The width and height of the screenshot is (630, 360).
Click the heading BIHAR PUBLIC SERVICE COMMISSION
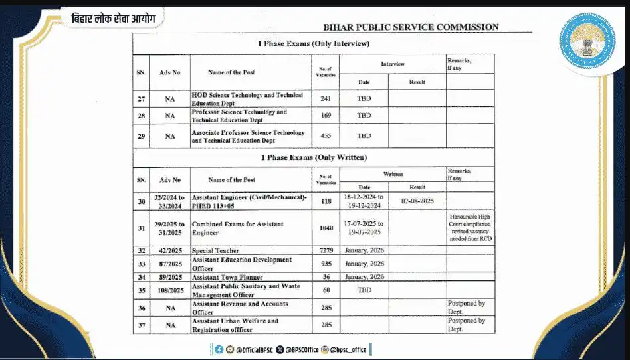[x=411, y=27]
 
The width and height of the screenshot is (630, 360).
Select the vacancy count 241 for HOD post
[x=326, y=98]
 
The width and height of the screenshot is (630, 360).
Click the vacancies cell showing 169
[x=326, y=116]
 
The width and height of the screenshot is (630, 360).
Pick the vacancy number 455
[x=326, y=136]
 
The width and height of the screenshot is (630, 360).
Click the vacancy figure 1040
[x=326, y=228]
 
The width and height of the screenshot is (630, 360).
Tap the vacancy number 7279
[x=326, y=251]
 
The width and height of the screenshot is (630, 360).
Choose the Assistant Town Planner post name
[x=227, y=277]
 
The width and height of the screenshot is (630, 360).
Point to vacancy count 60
[x=326, y=290]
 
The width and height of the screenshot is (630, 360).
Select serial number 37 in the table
[x=142, y=325]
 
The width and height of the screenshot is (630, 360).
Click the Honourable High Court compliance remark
[x=470, y=228]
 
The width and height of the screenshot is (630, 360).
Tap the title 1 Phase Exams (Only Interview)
[x=313, y=44]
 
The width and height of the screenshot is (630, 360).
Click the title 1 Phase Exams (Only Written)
[x=313, y=157]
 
